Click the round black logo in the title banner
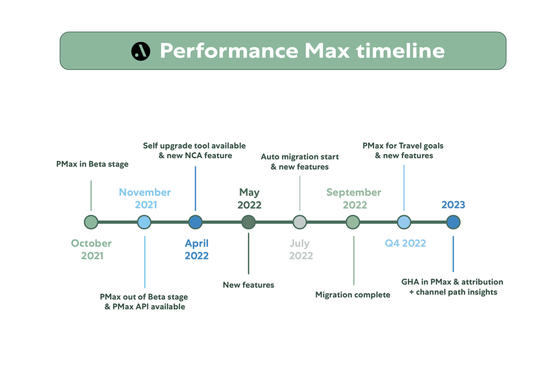click(140, 51)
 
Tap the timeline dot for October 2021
click(91, 222)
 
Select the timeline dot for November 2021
click(144, 222)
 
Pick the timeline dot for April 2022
click(195, 222)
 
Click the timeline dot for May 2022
click(248, 222)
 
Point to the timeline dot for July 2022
click(299, 222)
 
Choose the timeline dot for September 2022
click(353, 222)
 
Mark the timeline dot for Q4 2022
click(404, 222)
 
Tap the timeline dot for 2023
click(453, 222)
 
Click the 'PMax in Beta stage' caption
click(92, 164)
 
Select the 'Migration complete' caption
click(352, 295)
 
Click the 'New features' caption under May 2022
click(248, 285)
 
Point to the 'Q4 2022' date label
click(405, 243)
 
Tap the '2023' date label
click(453, 205)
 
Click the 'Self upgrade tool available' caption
click(194, 146)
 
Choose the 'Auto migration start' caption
click(299, 157)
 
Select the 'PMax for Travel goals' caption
click(403, 146)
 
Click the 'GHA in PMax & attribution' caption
click(452, 282)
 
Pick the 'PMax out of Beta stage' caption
click(144, 297)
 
